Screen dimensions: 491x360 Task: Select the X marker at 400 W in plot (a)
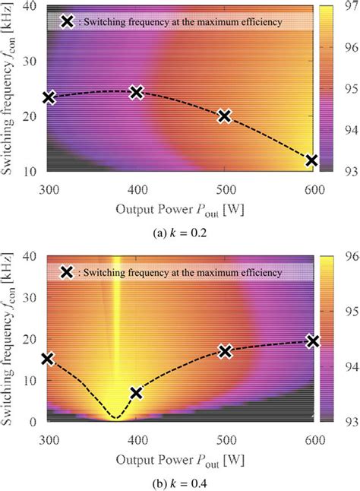(x=137, y=92)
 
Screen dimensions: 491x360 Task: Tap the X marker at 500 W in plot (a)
(x=224, y=116)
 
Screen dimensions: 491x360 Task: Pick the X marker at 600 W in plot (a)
(x=311, y=160)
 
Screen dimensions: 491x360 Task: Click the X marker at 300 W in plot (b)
(x=49, y=359)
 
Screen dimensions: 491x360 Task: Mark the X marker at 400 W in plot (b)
(x=137, y=393)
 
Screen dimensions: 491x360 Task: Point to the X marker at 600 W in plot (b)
(x=311, y=341)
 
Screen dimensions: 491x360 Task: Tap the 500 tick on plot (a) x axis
(x=224, y=185)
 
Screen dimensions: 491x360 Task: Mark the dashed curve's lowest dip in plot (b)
(x=115, y=417)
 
